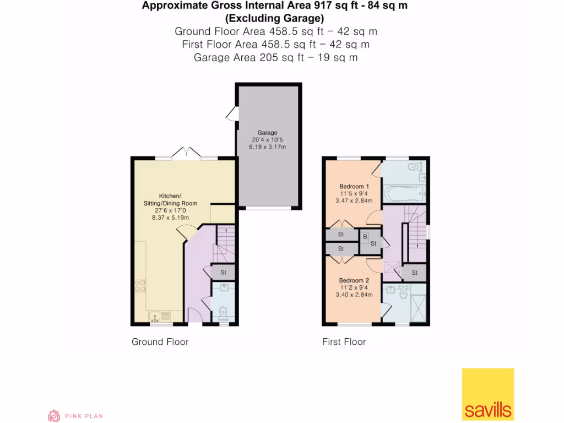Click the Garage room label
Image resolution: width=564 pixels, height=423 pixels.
point(267,133)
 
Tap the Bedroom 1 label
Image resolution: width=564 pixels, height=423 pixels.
point(354,186)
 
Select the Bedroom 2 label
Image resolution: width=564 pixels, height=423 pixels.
point(354,280)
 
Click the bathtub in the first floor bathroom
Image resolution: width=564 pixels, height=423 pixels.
point(404,193)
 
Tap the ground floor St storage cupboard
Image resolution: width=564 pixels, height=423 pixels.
point(224,272)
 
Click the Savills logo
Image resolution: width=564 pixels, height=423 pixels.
point(487,394)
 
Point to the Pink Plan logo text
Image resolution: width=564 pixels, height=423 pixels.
point(84,416)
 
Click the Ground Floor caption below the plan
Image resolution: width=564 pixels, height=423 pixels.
point(160,342)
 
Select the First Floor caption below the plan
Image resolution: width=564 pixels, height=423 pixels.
point(344,342)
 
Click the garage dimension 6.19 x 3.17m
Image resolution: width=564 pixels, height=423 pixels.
point(267,148)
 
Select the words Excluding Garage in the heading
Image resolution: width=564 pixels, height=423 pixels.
point(275,18)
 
